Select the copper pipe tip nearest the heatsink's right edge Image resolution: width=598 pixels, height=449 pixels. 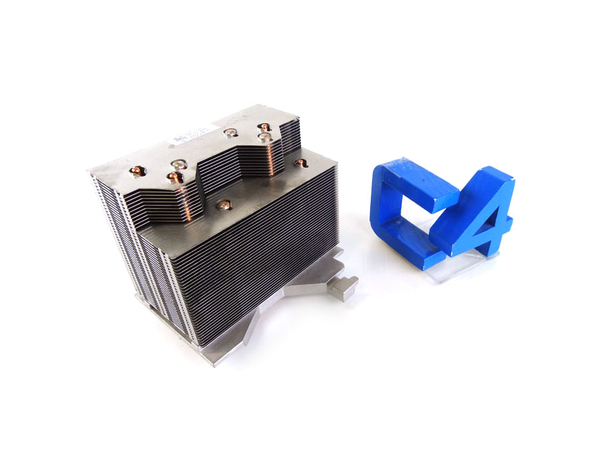pyautogui.click(x=300, y=162)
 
